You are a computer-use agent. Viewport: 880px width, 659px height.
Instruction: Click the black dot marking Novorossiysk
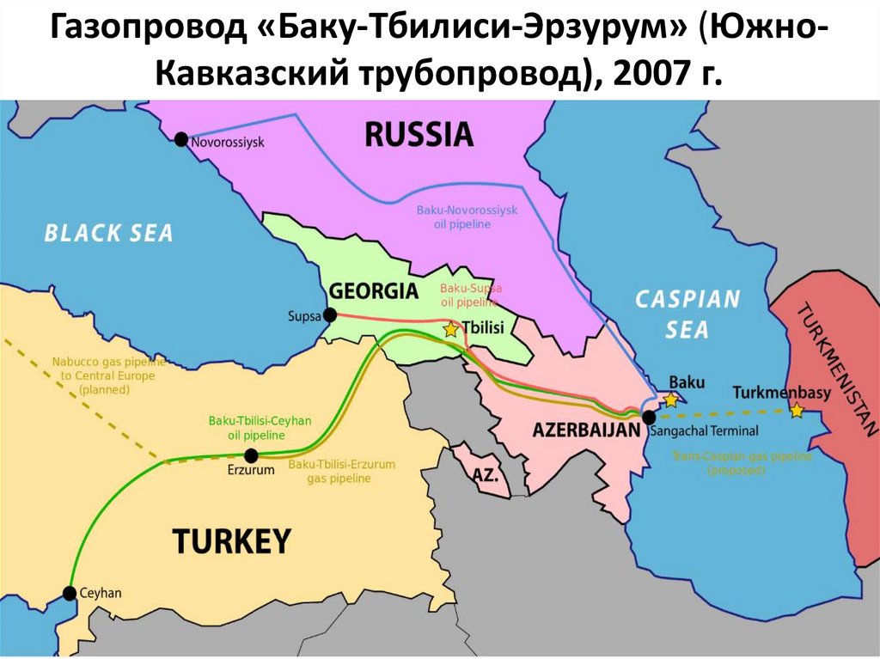coord(180,139)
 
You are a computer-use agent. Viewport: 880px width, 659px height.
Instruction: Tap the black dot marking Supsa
coord(329,315)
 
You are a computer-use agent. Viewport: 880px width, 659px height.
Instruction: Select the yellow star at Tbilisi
coord(450,329)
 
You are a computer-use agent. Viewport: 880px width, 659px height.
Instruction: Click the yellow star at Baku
coord(671,400)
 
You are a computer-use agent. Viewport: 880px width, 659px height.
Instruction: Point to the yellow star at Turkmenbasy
coord(797,411)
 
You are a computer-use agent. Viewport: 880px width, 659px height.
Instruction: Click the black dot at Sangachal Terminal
coord(649,417)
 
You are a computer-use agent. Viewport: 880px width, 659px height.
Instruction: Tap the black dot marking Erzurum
coord(251,455)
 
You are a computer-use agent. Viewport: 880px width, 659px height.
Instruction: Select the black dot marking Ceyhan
coord(70,593)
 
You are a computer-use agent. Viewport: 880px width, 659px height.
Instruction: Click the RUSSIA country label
coord(419,134)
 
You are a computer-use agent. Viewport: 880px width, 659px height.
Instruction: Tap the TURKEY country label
coord(232,541)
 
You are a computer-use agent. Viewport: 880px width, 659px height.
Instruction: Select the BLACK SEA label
coord(108,232)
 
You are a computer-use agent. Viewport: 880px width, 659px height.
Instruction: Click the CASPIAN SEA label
coord(687,314)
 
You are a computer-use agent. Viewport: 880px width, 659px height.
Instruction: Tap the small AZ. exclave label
coord(486,474)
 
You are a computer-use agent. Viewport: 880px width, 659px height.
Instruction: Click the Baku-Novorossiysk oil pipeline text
coord(467,217)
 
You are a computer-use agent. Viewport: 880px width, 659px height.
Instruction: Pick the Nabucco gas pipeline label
coord(102,375)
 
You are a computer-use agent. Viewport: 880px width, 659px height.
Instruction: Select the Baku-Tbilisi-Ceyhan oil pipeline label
coord(260,427)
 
